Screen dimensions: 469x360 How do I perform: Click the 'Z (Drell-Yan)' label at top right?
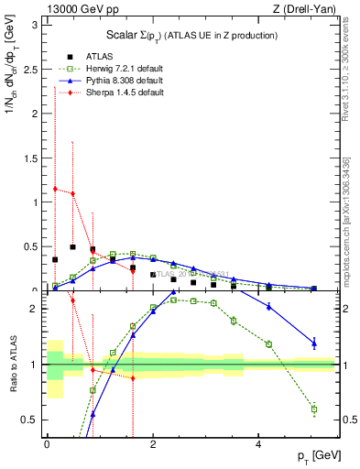coord(305,9)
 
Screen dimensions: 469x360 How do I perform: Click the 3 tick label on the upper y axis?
coord(36,24)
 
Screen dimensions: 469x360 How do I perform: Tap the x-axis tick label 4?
coord(258,443)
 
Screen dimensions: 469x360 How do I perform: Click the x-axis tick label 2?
coord(152,443)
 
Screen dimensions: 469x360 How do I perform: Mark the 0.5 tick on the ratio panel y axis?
coord(32,420)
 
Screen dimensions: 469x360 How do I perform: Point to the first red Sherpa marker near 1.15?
coord(55,189)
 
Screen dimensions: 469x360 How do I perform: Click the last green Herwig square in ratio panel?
coord(314,409)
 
